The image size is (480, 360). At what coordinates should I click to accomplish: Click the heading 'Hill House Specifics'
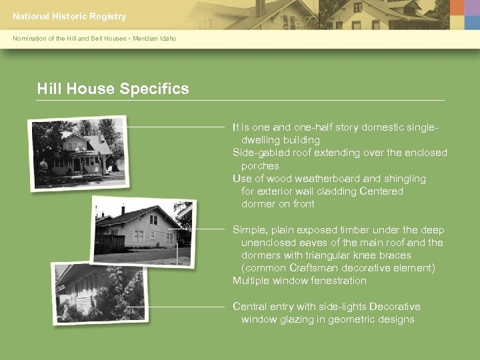pos(113,89)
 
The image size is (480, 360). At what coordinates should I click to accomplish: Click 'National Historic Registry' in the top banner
pos(69,16)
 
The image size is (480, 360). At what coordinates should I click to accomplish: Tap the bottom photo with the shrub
pos(99,294)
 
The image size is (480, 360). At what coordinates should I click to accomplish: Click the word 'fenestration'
pos(337,281)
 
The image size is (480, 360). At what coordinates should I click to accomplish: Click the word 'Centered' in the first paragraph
pos(381,191)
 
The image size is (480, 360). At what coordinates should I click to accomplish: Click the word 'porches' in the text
pos(260,166)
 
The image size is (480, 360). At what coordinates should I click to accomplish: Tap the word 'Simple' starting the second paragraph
pos(248,230)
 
